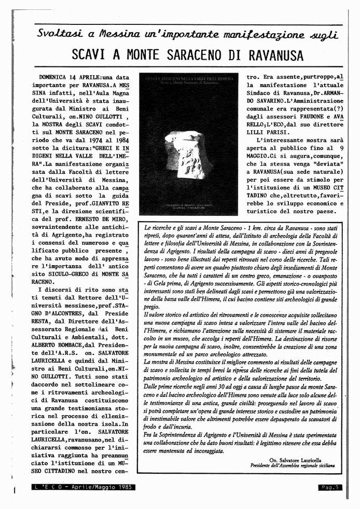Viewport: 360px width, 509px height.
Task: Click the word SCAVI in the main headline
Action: pyautogui.click(x=95, y=55)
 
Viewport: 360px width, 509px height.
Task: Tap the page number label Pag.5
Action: pyautogui.click(x=330, y=487)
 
